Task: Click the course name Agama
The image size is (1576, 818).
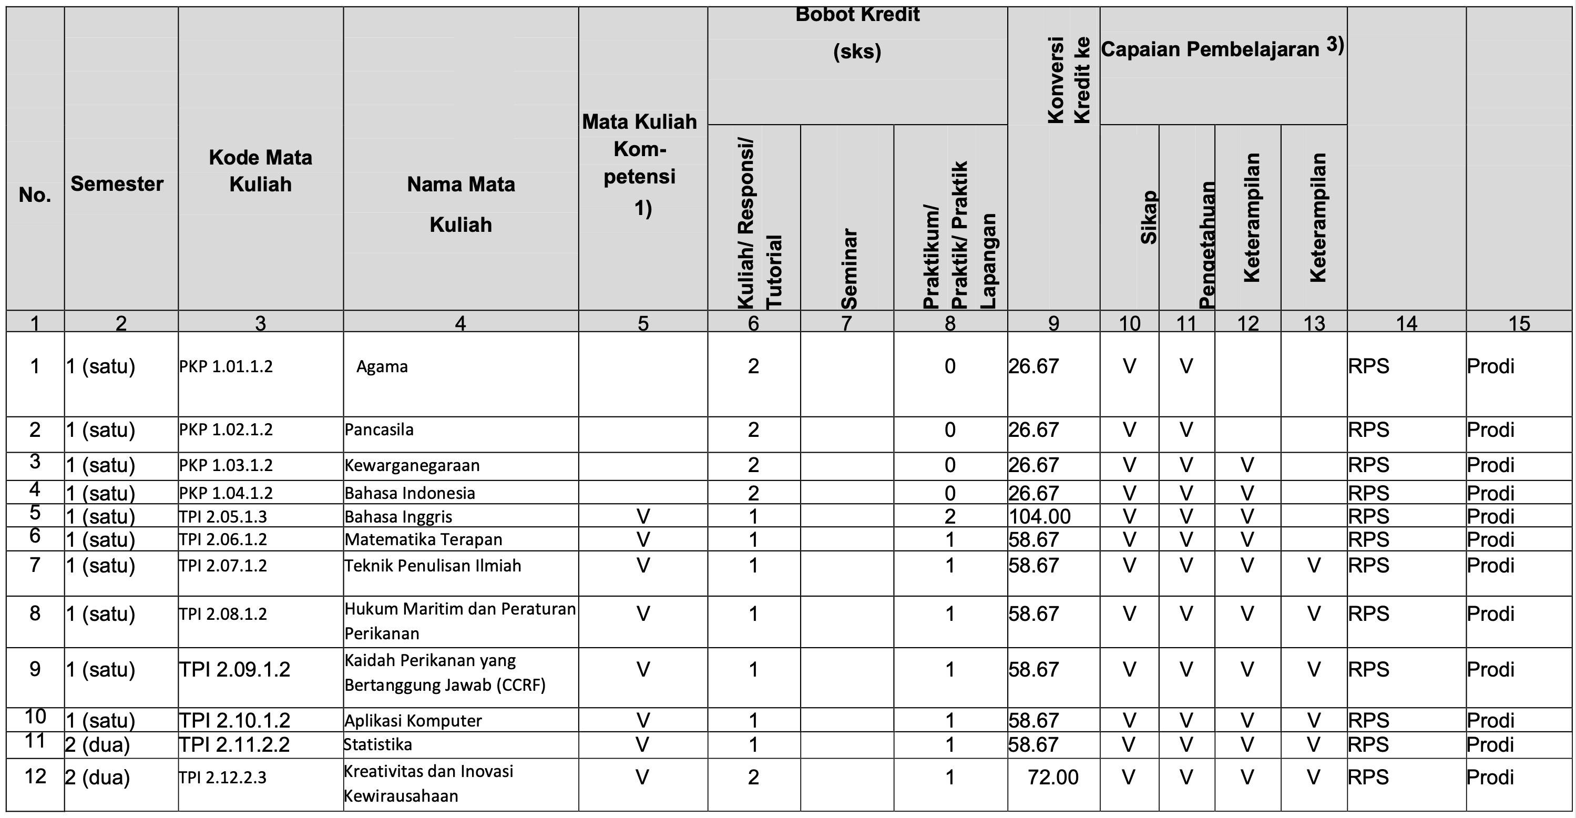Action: pyautogui.click(x=382, y=367)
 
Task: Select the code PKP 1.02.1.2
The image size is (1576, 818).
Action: pyautogui.click(x=226, y=430)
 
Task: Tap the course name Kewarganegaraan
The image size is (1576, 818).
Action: pyautogui.click(x=412, y=466)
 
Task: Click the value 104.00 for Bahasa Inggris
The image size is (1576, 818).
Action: pyautogui.click(x=1039, y=517)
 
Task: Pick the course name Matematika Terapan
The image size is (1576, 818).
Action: pyautogui.click(x=423, y=539)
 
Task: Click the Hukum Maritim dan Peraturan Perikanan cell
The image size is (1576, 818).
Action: pyautogui.click(x=460, y=621)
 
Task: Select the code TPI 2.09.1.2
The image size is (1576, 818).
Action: pyautogui.click(x=234, y=670)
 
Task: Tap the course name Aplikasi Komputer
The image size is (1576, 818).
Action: pyautogui.click(x=413, y=721)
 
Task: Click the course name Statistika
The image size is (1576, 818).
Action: pyautogui.click(x=378, y=744)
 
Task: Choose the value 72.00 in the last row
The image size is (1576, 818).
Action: pyautogui.click(x=1053, y=778)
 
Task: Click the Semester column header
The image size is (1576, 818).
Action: pyautogui.click(x=117, y=184)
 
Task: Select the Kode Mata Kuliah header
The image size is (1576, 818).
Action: pyautogui.click(x=260, y=171)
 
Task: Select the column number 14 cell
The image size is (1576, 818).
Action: pyautogui.click(x=1407, y=323)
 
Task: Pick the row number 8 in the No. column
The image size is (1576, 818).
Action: pyautogui.click(x=35, y=613)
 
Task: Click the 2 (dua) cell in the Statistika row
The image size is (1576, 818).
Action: pyautogui.click(x=98, y=745)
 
